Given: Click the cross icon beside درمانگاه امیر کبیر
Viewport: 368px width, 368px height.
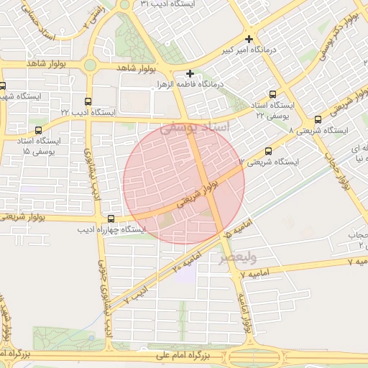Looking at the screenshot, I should pyautogui.click(x=249, y=39).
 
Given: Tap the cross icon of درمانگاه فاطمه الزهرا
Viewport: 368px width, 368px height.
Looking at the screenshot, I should pyautogui.click(x=190, y=73).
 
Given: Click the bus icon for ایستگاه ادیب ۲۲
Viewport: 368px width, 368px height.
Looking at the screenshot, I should pyautogui.click(x=88, y=102).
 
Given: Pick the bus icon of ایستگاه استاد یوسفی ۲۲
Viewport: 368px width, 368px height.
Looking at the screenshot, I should pyautogui.click(x=272, y=94).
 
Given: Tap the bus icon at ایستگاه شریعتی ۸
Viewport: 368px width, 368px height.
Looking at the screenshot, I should pyautogui.click(x=318, y=120).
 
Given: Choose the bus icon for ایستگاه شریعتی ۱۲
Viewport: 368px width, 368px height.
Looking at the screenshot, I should pyautogui.click(x=269, y=151).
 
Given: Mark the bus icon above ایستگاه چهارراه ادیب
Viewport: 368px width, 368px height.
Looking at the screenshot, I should pyautogui.click(x=111, y=218).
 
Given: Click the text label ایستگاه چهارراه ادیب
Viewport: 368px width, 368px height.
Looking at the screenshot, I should pyautogui.click(x=111, y=229).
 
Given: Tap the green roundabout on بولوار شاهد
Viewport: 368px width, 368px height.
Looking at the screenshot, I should pyautogui.click(x=90, y=65).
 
